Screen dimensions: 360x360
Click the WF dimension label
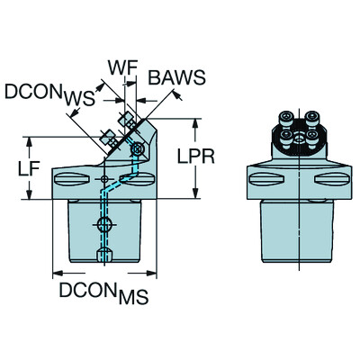coord(123,68)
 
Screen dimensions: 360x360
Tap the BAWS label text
coord(177,77)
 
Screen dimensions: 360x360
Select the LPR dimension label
coord(196,157)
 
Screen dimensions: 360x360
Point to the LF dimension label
coord(29,169)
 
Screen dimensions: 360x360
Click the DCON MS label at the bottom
coord(103,293)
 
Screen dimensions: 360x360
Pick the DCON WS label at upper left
coord(49,94)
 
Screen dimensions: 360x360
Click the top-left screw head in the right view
coord(286,116)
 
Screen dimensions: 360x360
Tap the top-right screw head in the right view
coord(312,116)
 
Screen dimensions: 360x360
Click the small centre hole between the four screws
coord(299,139)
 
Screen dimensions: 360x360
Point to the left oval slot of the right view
coord(266,179)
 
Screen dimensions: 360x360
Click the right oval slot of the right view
coord(332,179)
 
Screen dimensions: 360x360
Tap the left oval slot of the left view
coord(72,179)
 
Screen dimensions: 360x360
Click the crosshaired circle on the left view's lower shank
coord(104,224)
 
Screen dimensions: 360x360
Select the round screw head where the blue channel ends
coord(138,148)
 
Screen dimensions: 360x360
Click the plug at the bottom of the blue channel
coord(104,255)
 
